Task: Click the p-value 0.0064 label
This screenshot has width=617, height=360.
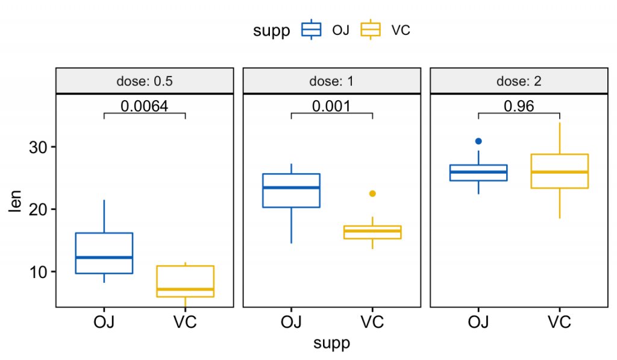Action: [x=144, y=106]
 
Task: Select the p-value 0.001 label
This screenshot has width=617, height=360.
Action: [x=331, y=106]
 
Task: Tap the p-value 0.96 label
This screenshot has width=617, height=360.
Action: [x=519, y=106]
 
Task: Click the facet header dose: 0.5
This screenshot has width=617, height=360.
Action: [x=144, y=81]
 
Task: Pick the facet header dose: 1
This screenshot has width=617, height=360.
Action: [x=331, y=81]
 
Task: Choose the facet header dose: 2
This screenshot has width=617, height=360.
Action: [x=519, y=81]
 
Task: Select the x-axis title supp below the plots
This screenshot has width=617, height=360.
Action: [x=331, y=344]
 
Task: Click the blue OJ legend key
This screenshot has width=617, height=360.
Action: [x=312, y=30]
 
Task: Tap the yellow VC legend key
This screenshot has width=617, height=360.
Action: [x=371, y=30]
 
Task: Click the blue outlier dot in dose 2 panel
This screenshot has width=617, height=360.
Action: [x=478, y=141]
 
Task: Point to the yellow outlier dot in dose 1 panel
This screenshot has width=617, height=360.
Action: [x=372, y=194]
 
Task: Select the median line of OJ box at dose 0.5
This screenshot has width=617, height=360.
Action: [x=104, y=257]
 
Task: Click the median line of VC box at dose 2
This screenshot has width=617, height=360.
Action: [x=560, y=172]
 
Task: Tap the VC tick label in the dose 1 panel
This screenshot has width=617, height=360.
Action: [x=372, y=322]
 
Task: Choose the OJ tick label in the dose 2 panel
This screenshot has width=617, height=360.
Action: [x=478, y=322]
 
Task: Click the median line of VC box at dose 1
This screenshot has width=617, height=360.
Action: [x=372, y=231]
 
